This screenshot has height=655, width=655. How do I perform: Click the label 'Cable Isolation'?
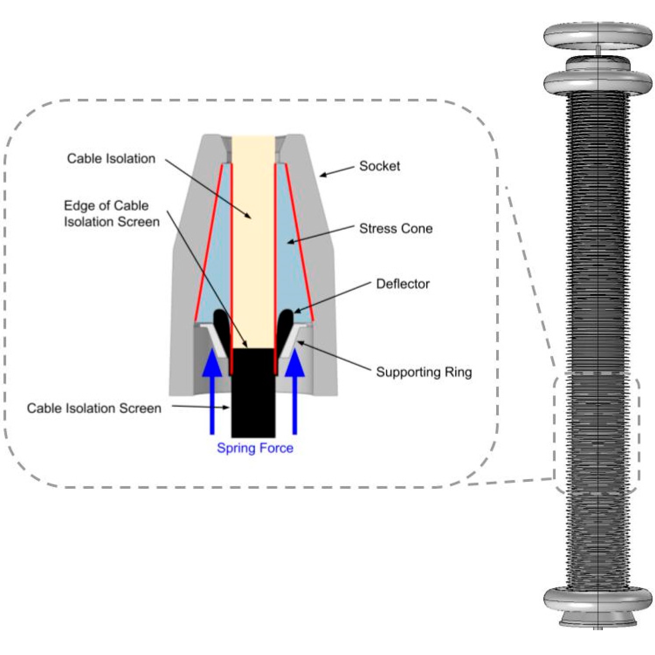point(111,159)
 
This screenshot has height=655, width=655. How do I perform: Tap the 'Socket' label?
point(379,166)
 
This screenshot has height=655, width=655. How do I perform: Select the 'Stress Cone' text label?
point(396,229)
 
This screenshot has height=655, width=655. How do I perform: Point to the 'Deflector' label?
point(402,284)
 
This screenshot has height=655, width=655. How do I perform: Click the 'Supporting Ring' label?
point(424,372)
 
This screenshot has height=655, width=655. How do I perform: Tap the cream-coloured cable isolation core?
point(253,237)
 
